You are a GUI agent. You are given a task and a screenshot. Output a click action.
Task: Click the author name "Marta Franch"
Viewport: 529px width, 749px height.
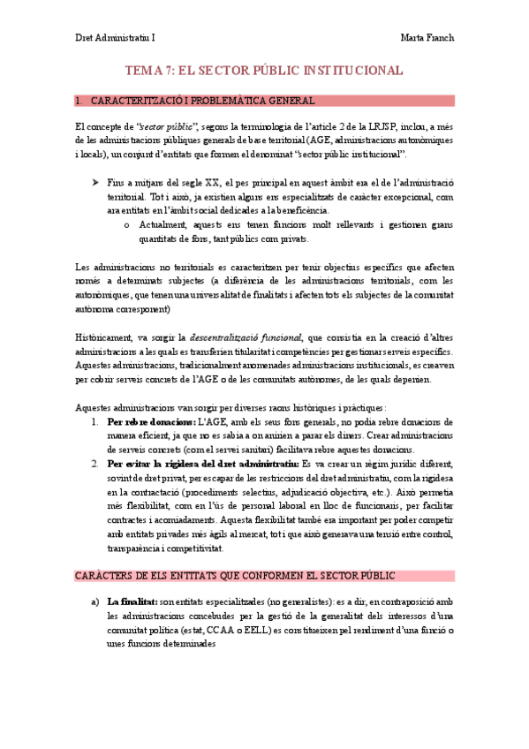tap(427, 39)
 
